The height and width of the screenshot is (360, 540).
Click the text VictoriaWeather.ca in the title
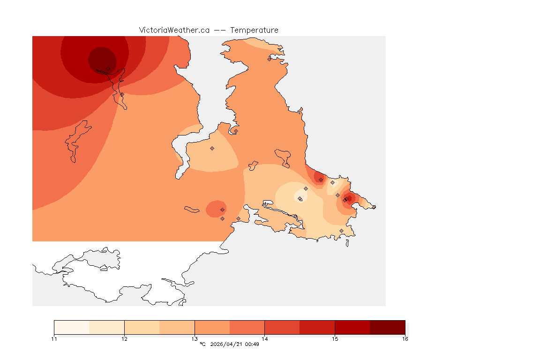pyautogui.click(x=174, y=30)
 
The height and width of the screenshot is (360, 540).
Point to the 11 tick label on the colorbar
pyautogui.click(x=54, y=338)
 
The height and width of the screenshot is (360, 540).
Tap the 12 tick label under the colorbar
pyautogui.click(x=124, y=338)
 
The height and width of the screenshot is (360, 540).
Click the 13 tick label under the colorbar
pyautogui.click(x=195, y=338)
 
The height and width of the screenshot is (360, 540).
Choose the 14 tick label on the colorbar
pyautogui.click(x=265, y=338)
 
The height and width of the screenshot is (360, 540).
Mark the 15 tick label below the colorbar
pyautogui.click(x=335, y=338)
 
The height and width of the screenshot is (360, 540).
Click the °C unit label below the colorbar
pyautogui.click(x=202, y=345)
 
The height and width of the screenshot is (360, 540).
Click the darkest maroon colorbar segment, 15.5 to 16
pyautogui.click(x=387, y=327)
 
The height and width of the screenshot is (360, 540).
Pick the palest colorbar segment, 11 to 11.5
pyautogui.click(x=72, y=327)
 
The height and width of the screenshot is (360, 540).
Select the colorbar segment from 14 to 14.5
pyautogui.click(x=282, y=327)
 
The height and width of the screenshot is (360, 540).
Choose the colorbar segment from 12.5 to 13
pyautogui.click(x=177, y=327)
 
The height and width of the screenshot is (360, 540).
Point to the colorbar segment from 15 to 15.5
pyautogui.click(x=352, y=327)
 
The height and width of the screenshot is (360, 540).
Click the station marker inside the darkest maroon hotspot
pyautogui.click(x=108, y=68)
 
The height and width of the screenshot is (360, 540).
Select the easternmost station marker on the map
pyautogui.click(x=374, y=207)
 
